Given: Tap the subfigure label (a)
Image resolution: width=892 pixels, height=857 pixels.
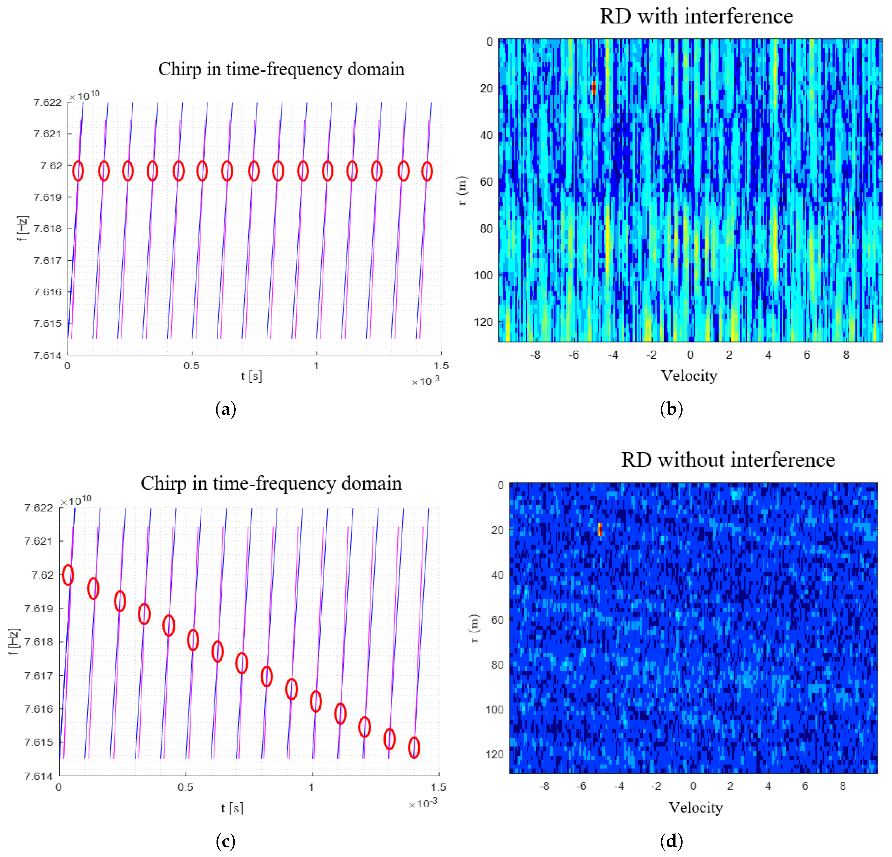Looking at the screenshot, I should pos(226,409).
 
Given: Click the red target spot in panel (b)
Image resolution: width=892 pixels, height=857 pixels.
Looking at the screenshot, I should pos(594,88).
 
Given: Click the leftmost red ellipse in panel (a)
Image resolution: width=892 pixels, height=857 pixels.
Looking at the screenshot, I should pos(78,171).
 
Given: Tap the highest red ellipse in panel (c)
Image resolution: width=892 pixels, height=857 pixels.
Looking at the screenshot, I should pos(68,575).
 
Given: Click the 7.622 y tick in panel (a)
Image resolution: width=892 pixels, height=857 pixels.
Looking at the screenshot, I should pos(47,102).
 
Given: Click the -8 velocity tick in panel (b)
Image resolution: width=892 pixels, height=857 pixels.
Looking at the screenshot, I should pos(535,355).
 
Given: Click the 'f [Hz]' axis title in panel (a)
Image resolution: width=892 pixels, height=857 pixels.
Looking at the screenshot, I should pos(23,228).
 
